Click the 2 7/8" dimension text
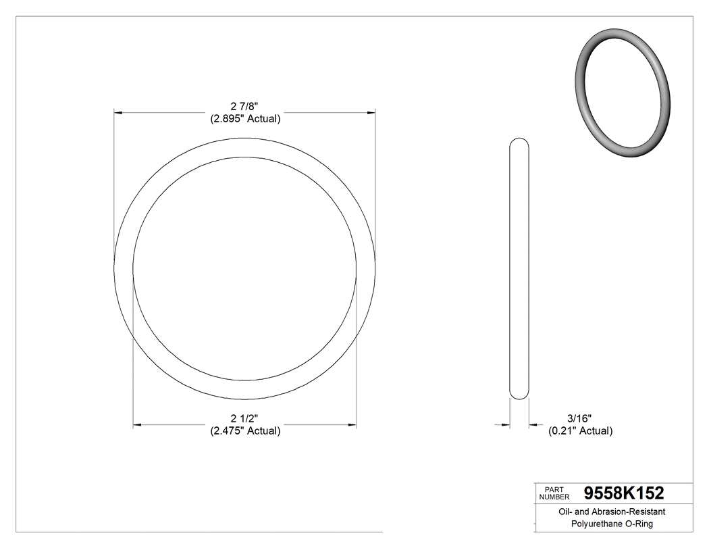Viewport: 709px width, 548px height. click(244, 106)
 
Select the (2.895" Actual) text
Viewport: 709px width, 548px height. click(244, 118)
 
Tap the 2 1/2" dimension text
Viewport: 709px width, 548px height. click(244, 419)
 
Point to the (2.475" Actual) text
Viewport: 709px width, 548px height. click(244, 431)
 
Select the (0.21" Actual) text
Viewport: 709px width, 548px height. click(580, 431)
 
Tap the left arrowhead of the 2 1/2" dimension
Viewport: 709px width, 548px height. click(137, 424)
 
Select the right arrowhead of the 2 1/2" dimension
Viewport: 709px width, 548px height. click(352, 424)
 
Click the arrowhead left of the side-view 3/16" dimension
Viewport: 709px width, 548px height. click(506, 424)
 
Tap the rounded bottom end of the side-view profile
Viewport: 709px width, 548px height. click(519, 396)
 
